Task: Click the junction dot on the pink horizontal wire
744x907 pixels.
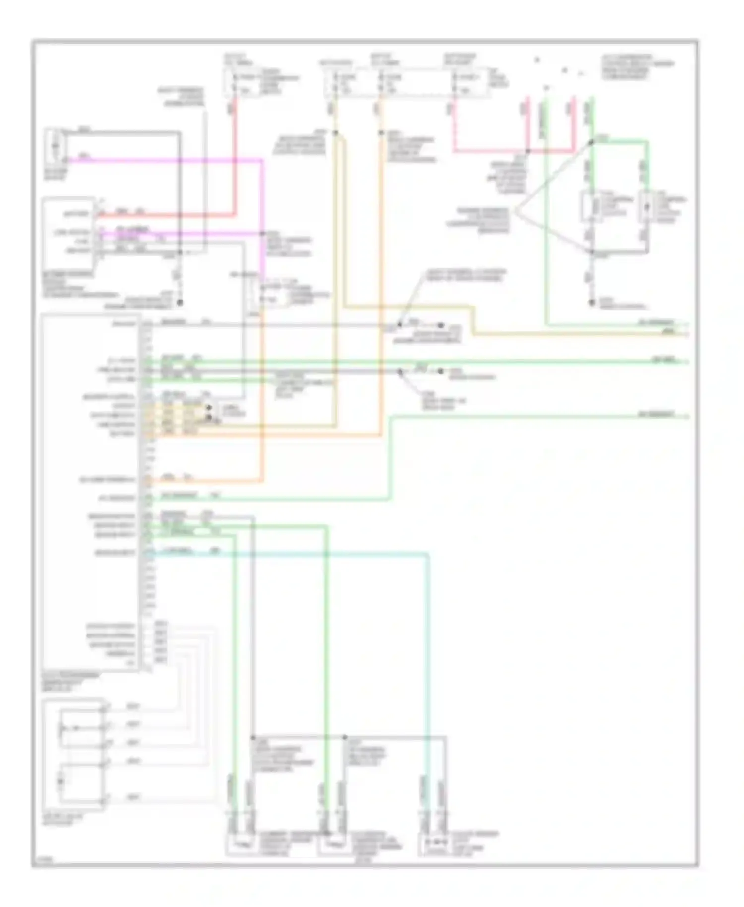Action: point(528,151)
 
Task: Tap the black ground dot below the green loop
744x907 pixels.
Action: point(591,302)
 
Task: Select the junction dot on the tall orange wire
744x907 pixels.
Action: point(381,132)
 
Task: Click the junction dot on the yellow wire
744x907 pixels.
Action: point(335,132)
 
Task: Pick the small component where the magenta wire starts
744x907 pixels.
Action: point(55,146)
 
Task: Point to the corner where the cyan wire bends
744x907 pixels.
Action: point(428,553)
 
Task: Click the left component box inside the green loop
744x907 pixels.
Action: point(591,207)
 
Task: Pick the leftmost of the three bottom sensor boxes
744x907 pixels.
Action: point(242,843)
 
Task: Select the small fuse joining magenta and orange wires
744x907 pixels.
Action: point(262,293)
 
